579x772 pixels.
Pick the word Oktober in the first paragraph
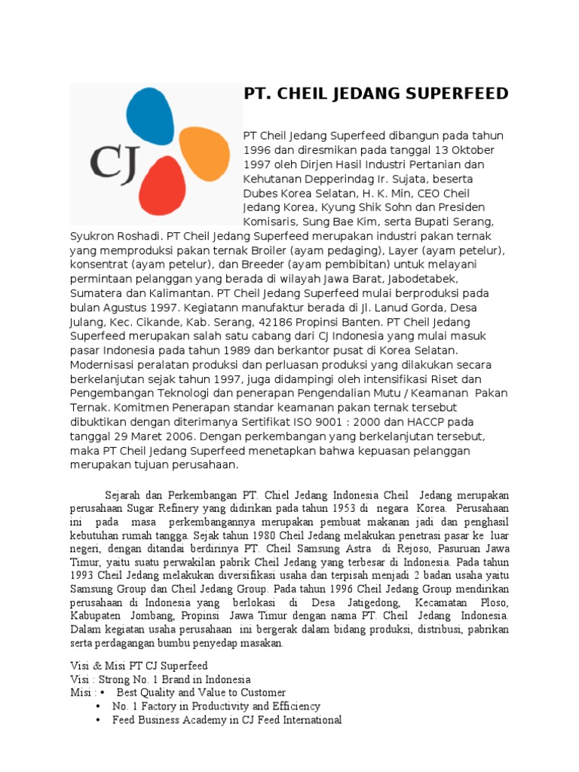477,149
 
